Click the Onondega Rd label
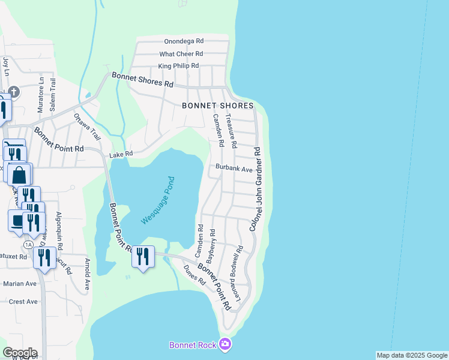click(184, 41)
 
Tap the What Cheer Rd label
click(181, 53)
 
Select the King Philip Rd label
click(178, 66)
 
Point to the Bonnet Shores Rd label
click(142, 80)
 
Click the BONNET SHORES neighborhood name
click(218, 106)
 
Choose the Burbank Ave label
click(234, 169)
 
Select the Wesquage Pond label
click(157, 200)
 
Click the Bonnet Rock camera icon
click(225, 344)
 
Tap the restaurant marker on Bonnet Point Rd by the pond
click(142, 257)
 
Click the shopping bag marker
click(19, 175)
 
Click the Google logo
click(20, 353)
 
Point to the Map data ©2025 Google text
click(411, 355)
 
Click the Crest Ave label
click(23, 302)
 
